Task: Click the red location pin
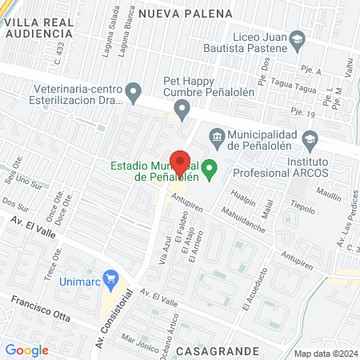click(180, 162)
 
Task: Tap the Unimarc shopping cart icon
click(112, 279)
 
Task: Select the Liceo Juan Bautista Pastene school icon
click(298, 38)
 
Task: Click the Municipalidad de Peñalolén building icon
click(215, 135)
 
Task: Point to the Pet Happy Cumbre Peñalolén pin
click(182, 106)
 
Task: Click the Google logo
click(26, 350)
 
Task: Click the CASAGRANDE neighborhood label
click(218, 351)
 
